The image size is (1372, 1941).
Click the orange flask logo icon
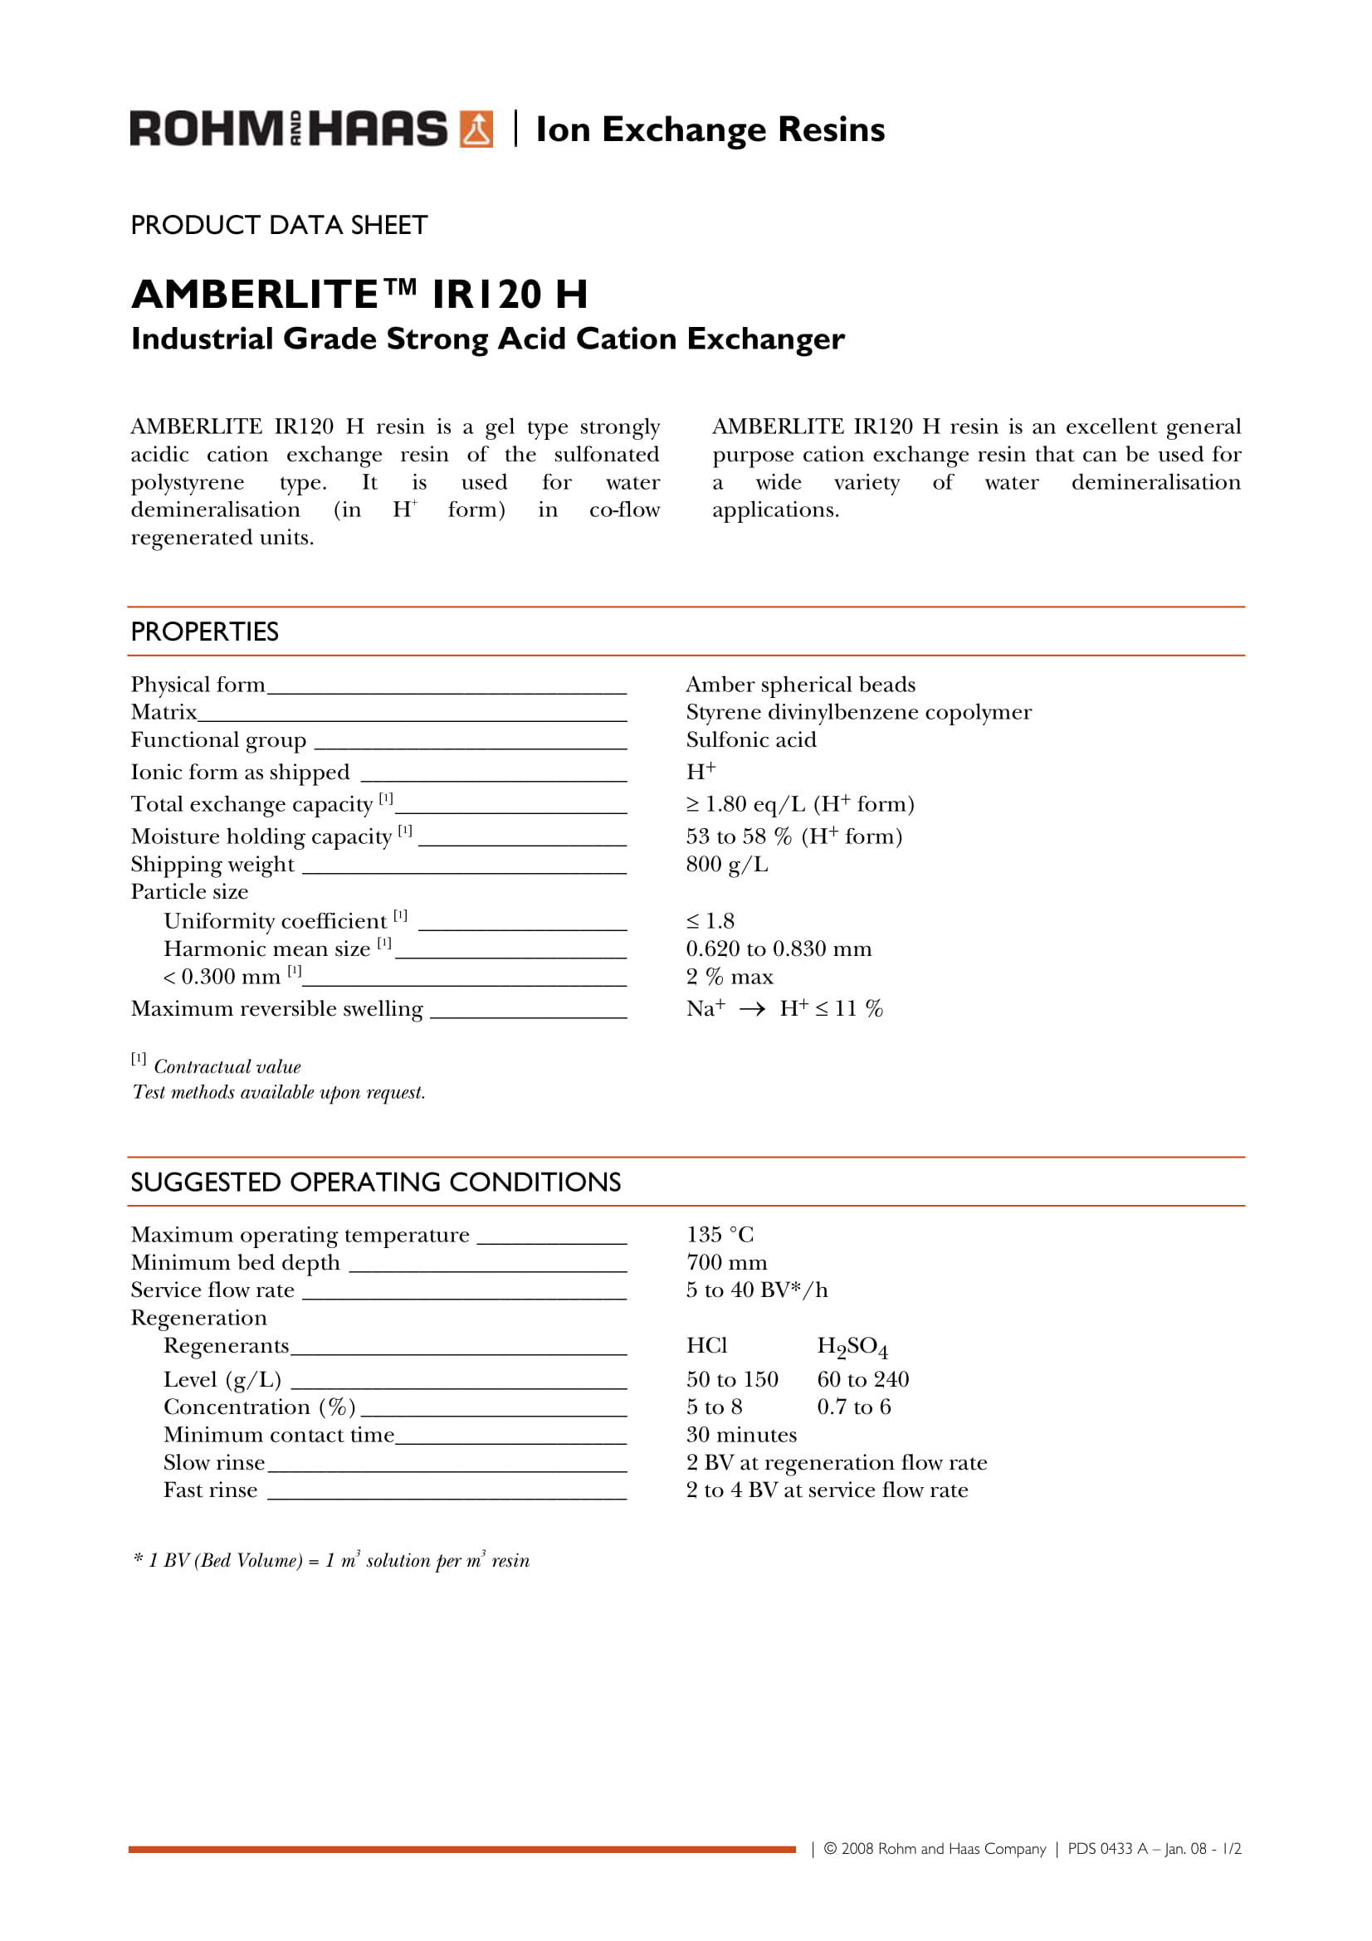(476, 129)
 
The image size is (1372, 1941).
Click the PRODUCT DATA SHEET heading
(279, 226)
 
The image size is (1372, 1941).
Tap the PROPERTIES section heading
(204, 632)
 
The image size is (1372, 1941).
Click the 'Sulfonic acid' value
(750, 740)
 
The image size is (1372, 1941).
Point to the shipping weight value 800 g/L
(727, 865)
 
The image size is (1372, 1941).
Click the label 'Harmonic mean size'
(267, 949)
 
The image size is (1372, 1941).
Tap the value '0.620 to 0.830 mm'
(779, 949)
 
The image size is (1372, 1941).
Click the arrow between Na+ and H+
(751, 1009)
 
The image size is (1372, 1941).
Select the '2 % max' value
(730, 978)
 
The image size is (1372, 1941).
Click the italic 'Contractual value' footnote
(227, 1067)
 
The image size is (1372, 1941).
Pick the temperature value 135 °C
(720, 1235)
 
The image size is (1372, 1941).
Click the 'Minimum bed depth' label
(235, 1263)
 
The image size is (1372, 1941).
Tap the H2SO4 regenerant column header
(852, 1347)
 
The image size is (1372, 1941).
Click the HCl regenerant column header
(706, 1346)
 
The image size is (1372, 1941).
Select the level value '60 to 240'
(862, 1380)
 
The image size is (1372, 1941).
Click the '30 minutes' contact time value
(741, 1436)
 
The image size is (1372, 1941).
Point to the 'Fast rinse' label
(211, 1490)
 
